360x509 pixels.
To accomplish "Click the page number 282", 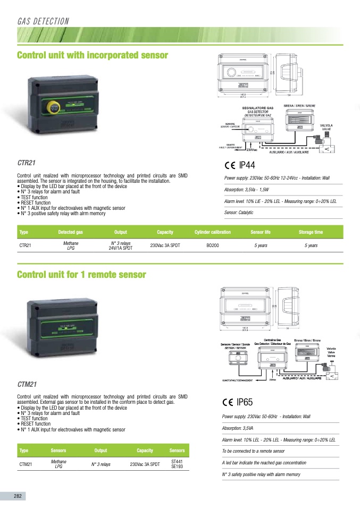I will tap(18, 496).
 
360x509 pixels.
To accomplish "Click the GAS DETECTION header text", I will tap(43, 21).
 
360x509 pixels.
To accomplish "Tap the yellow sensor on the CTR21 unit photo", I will tap(54, 108).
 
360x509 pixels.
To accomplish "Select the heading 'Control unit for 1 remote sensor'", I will tap(81, 275).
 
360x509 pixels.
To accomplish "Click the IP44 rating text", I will tap(247, 165).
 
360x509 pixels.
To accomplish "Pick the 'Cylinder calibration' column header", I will tap(213, 232).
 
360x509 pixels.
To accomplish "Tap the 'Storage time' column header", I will tap(311, 232).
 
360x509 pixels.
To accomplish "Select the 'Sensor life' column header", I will tap(260, 232).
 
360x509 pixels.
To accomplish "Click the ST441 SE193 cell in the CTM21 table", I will tap(177, 464).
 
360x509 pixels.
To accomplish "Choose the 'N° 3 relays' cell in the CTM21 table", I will tap(101, 464).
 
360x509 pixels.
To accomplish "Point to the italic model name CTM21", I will tap(27, 383).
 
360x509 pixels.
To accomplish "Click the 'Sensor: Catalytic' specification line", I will tap(239, 213).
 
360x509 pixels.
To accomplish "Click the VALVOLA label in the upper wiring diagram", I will tap(326, 125).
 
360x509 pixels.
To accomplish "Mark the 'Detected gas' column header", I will tap(71, 232).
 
